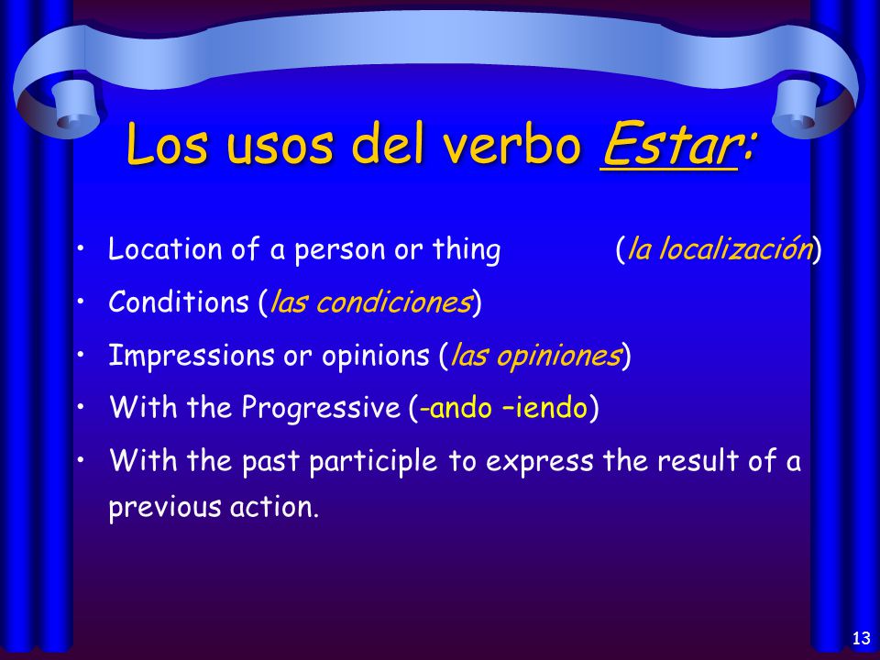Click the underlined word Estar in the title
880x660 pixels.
coord(669,143)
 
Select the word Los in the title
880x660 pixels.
coord(167,143)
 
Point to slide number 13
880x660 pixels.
coord(861,638)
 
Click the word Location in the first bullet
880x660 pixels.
coord(165,248)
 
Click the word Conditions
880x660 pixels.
coord(179,302)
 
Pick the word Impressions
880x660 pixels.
coord(192,356)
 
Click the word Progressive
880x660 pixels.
coord(321,407)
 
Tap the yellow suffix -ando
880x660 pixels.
coord(456,407)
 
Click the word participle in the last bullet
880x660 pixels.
coord(373,462)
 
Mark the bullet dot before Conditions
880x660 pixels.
coord(81,302)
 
